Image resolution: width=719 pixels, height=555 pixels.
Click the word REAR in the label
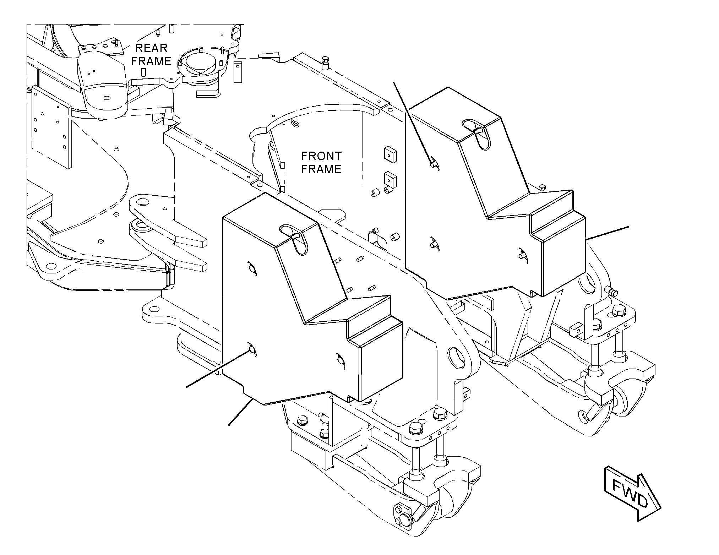click(151, 48)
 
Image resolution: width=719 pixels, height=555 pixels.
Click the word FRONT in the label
click(321, 156)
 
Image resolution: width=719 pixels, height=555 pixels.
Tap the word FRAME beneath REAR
click(151, 61)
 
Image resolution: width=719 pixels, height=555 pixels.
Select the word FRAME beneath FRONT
click(321, 169)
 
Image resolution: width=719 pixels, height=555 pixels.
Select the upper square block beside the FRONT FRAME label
click(390, 155)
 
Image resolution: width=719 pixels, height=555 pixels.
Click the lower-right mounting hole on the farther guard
click(523, 254)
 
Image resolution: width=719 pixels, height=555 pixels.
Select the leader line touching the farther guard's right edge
click(607, 233)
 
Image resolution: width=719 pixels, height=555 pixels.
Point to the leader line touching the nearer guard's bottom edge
click(240, 412)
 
